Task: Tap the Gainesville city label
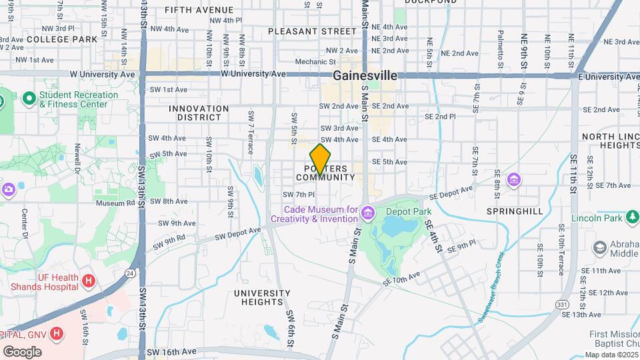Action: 365,75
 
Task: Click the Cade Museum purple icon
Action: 369,211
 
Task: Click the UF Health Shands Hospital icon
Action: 88,281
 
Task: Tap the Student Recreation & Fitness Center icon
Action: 29,99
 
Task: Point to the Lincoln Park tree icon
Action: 633,217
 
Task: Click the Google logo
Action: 22,352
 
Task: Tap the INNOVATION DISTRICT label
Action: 199,113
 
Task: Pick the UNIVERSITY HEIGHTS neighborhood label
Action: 262,297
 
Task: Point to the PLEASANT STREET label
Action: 312,31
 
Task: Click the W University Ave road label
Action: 253,73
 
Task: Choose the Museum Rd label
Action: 115,203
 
